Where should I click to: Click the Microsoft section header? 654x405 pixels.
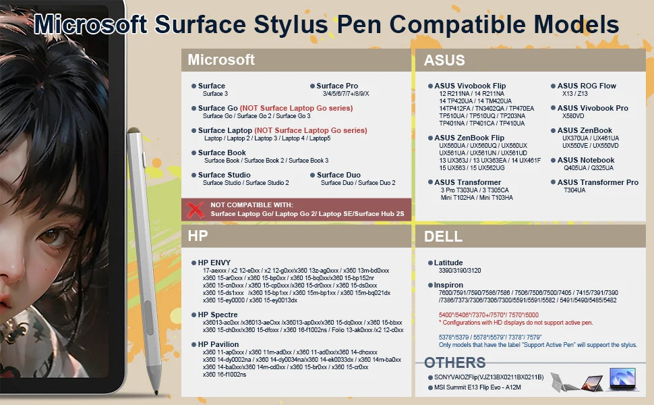[x=221, y=60]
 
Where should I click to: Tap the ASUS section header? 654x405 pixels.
[x=444, y=60]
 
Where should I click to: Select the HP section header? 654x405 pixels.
[x=198, y=236]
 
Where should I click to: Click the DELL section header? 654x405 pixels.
[x=443, y=236]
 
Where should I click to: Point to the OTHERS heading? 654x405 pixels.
[x=454, y=362]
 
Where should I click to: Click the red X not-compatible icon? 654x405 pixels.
[x=196, y=209]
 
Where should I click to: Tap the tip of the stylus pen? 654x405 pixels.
[x=158, y=393]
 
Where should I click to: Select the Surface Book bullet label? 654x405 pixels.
[x=222, y=153]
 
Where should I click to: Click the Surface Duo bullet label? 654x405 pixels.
[x=338, y=175]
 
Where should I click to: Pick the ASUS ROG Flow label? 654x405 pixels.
[x=587, y=86]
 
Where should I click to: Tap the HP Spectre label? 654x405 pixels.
[x=218, y=315]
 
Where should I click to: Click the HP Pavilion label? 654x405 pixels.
[x=218, y=344]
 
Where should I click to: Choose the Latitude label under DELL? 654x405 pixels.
[x=448, y=263]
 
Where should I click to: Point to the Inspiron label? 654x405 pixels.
[x=449, y=285]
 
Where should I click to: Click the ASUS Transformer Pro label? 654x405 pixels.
[x=597, y=182]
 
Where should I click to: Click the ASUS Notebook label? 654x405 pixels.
[x=586, y=160]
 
